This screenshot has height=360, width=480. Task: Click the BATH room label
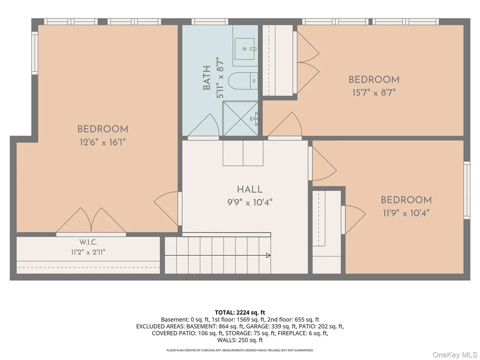(x=207, y=78)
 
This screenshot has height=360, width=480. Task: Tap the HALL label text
(x=250, y=189)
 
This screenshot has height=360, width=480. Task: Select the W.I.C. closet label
(x=88, y=242)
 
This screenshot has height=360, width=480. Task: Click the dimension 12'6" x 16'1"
(x=103, y=142)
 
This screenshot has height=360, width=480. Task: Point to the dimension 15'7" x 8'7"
(x=374, y=92)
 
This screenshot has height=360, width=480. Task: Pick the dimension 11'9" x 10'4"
(x=406, y=213)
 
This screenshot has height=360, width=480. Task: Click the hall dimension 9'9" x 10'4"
(x=250, y=202)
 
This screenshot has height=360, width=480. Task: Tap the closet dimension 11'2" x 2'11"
(x=88, y=252)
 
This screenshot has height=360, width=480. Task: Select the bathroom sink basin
(x=245, y=49)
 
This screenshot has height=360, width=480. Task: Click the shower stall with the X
(x=240, y=119)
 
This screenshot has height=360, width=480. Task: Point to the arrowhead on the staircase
(x=268, y=255)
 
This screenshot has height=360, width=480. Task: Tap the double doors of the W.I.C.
(x=91, y=221)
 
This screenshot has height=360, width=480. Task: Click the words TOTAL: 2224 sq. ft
(x=240, y=312)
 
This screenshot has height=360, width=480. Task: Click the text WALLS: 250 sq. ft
(x=240, y=340)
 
